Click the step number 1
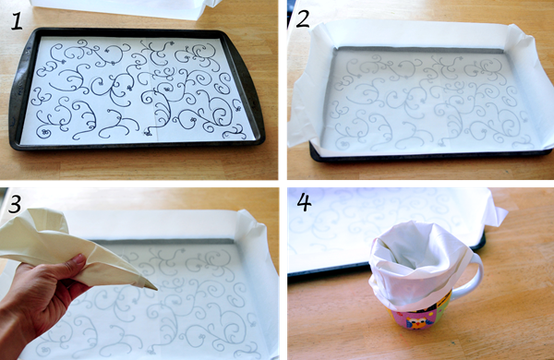(x=17, y=21)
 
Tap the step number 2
(x=303, y=19)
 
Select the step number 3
(x=15, y=204)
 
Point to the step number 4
(x=305, y=202)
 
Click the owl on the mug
(x=415, y=322)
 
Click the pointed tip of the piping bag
(x=155, y=289)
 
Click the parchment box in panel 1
(x=124, y=7)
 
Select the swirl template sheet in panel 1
(x=138, y=90)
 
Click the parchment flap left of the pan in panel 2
(x=301, y=106)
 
